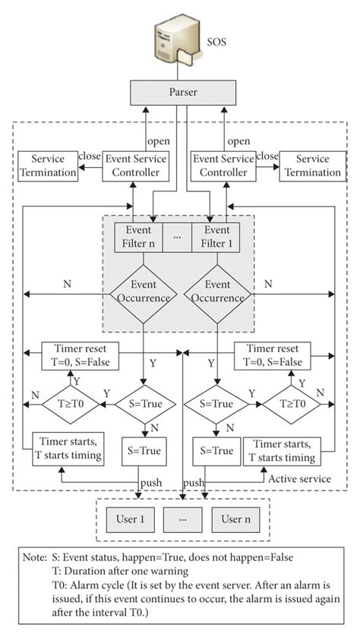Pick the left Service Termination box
point(47,166)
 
